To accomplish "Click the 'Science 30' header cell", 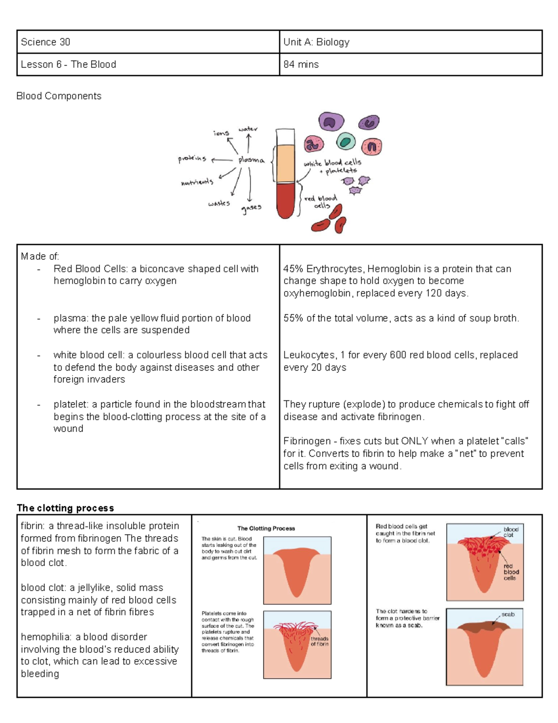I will tap(46, 42).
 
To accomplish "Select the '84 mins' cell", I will tap(301, 64).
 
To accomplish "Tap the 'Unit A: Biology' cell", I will tap(316, 42).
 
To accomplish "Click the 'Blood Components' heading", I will tap(59, 96).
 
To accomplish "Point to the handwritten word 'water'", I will tap(248, 129).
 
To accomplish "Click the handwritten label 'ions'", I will tap(221, 133).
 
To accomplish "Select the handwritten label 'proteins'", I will tap(192, 159).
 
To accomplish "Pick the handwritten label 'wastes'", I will tap(219, 203).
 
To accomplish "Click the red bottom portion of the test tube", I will tap(286, 200).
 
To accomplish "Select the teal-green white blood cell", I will tap(345, 141).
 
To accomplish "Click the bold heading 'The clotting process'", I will tap(65, 508).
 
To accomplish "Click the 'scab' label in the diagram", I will tap(508, 614).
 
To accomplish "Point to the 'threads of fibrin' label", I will tap(319, 641).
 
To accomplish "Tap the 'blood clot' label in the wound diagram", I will tap(511, 532).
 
